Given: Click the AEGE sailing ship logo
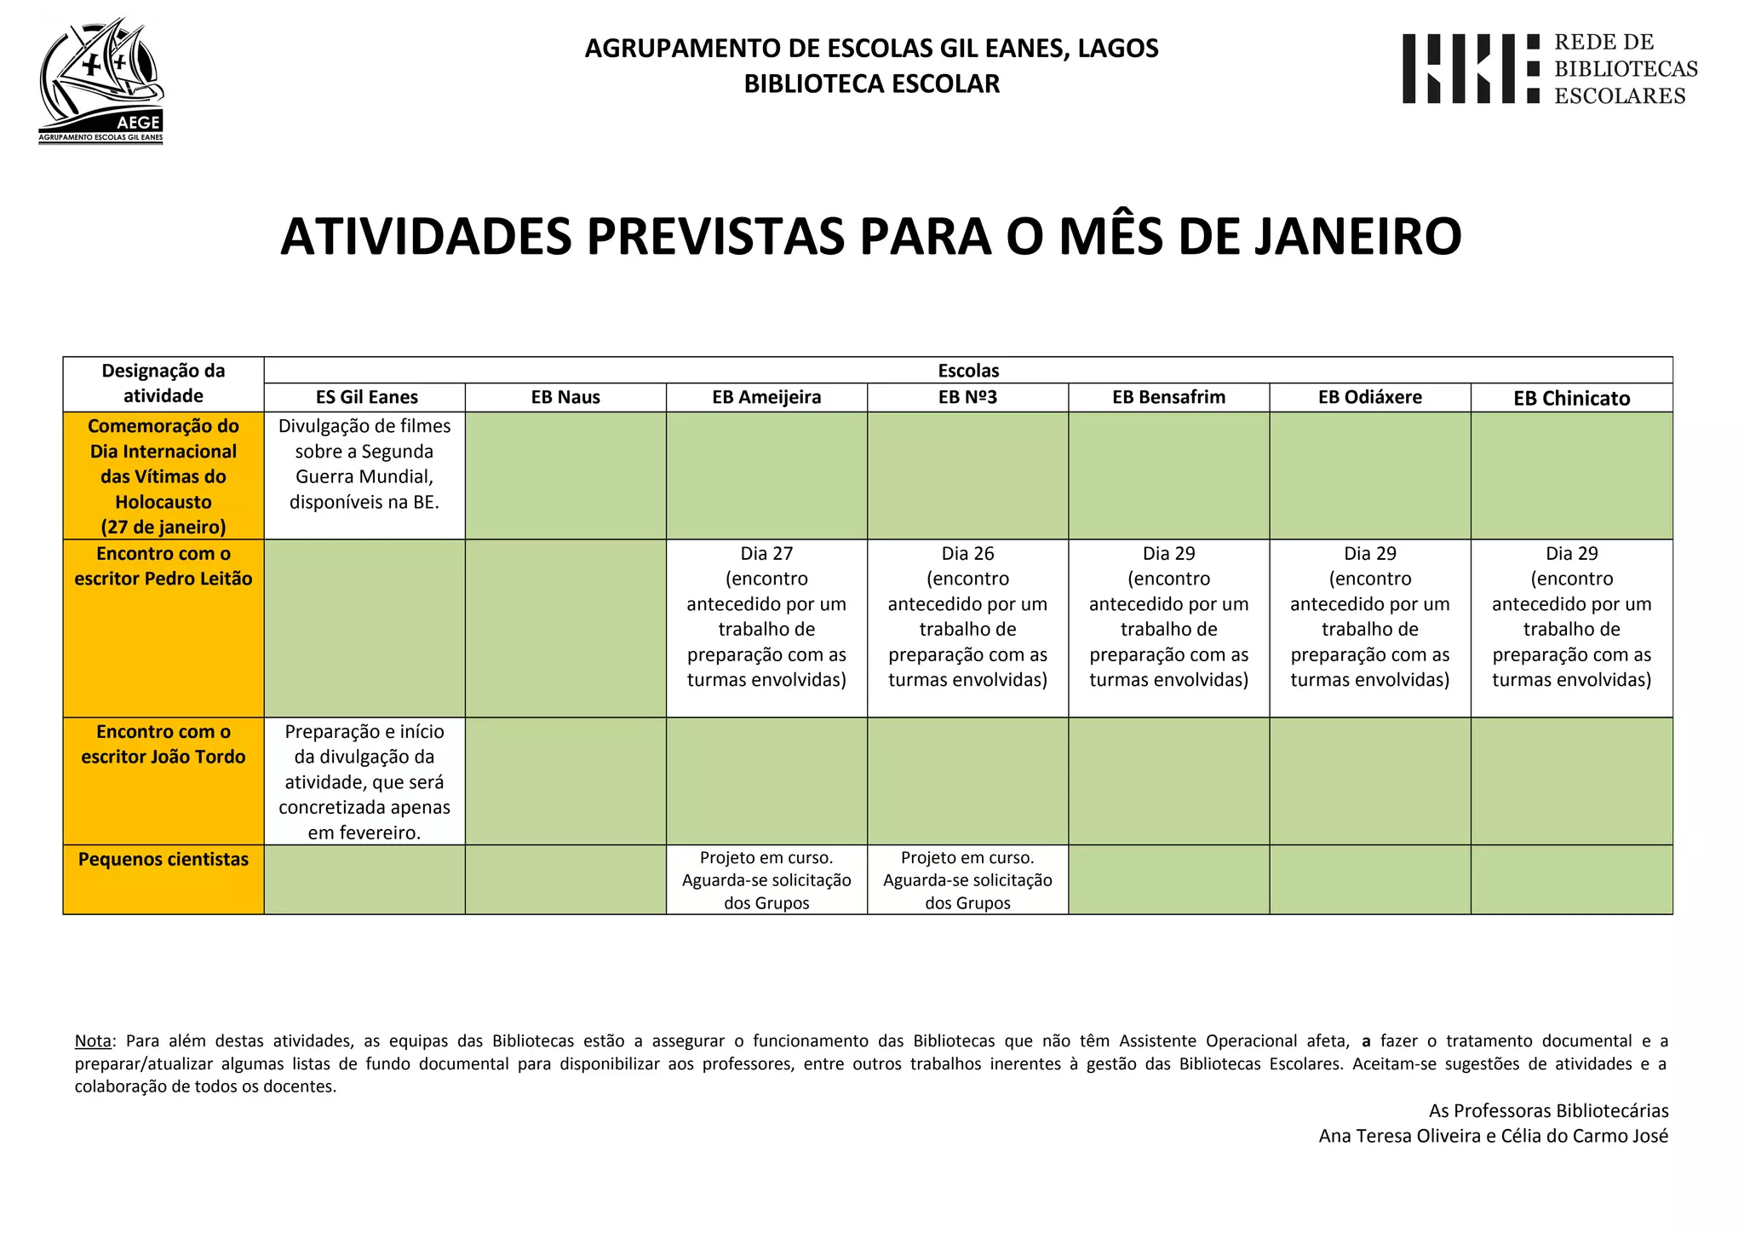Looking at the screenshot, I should (x=100, y=80).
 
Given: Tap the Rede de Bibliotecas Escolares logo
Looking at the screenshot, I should (x=1549, y=69).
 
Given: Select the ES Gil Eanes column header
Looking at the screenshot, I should (x=366, y=397).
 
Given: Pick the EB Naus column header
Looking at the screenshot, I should (x=565, y=397).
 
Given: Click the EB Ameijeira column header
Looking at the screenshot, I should (x=766, y=397).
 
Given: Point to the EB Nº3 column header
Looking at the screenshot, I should (x=967, y=397).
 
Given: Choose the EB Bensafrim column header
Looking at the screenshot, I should (x=1168, y=397).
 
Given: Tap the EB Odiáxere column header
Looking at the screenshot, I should (x=1369, y=397).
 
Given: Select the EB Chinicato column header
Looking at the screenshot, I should (x=1571, y=398).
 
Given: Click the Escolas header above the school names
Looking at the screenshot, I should (x=968, y=371).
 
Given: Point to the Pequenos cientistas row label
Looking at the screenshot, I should (x=163, y=859).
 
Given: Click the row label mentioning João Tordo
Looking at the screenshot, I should (x=163, y=744).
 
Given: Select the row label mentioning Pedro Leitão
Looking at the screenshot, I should (x=163, y=566).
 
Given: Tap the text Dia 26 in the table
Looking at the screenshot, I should (x=967, y=554).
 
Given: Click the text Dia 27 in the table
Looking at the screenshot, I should (x=766, y=554).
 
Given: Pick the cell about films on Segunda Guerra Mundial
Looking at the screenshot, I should (x=364, y=464).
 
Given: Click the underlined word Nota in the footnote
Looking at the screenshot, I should (x=93, y=1040).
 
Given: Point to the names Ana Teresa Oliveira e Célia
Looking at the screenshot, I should (x=1493, y=1136).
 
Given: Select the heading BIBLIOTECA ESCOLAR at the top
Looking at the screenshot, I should (x=871, y=84).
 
